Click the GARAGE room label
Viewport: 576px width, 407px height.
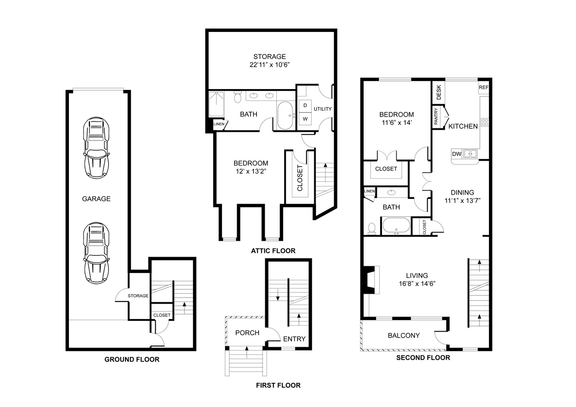tap(96, 199)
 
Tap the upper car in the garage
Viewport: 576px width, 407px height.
tap(97, 148)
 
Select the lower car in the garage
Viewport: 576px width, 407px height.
tap(97, 253)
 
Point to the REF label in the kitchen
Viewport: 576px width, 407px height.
tap(483, 87)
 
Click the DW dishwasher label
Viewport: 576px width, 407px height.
tap(457, 154)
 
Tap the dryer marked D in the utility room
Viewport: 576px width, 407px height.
tap(305, 106)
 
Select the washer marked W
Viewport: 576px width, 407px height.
tap(305, 119)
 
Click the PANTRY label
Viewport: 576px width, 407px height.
tap(436, 116)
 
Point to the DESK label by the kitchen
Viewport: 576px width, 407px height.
tap(439, 92)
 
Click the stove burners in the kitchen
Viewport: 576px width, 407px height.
tap(485, 122)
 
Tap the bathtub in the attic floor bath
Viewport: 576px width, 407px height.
tap(285, 115)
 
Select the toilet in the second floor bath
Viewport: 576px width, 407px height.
tap(372, 229)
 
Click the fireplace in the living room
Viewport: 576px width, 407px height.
tap(370, 280)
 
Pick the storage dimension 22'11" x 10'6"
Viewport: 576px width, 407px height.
tap(269, 65)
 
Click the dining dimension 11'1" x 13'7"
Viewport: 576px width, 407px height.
tap(463, 201)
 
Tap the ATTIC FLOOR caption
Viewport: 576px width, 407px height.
tap(273, 251)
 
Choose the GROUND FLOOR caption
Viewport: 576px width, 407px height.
tap(131, 359)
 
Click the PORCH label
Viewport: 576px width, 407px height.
tap(247, 333)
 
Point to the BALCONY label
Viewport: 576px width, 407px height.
tap(404, 336)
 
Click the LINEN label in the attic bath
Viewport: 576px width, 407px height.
tap(219, 124)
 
